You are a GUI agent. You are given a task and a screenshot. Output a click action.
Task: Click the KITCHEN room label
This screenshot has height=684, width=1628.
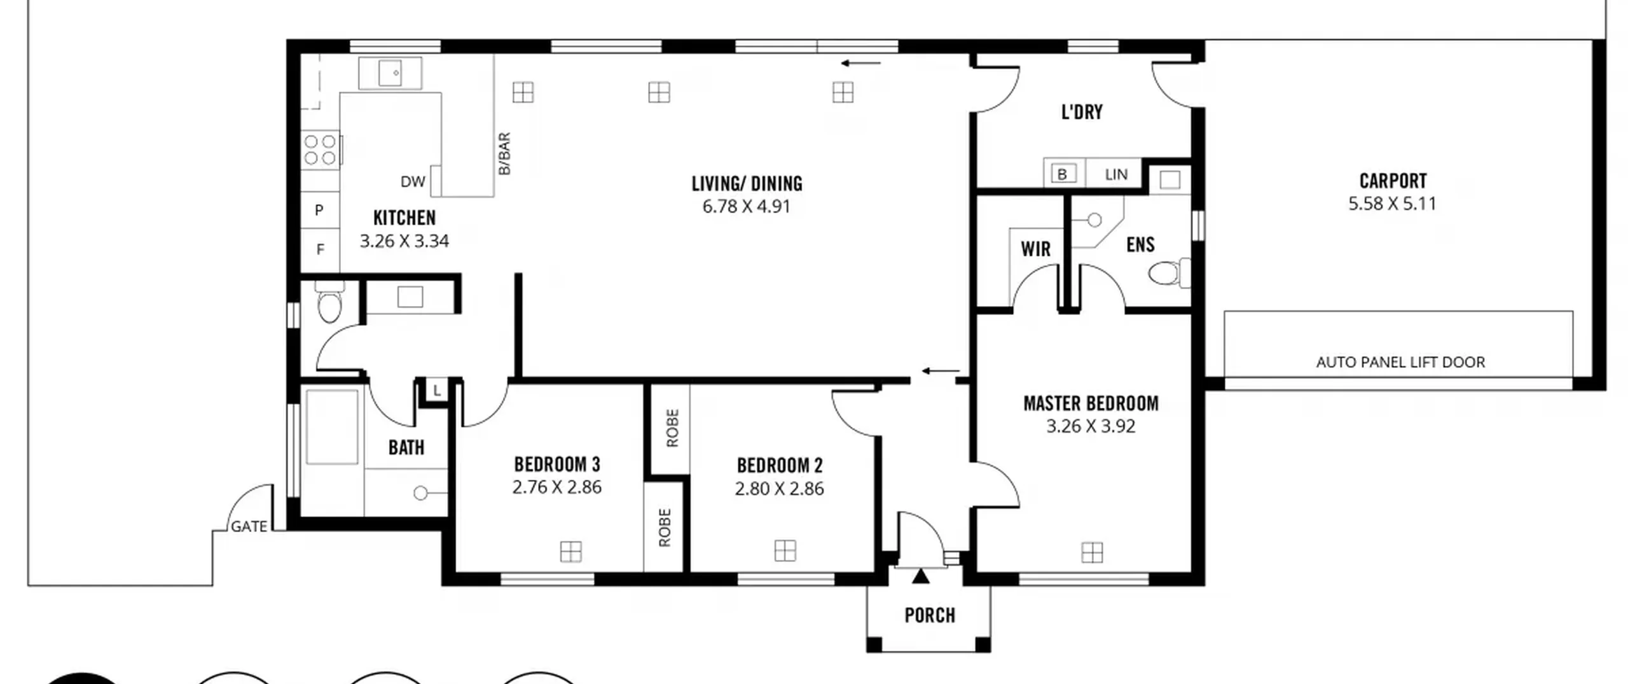[x=404, y=218]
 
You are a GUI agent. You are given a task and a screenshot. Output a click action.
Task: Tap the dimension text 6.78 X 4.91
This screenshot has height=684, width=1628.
[x=747, y=207]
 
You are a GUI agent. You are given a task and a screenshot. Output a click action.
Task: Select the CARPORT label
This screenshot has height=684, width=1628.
[x=1393, y=181]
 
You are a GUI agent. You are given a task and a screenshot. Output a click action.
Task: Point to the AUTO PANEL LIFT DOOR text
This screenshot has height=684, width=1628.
[x=1400, y=362]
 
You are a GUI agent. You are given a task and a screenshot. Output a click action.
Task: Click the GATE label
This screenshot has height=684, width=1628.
[x=249, y=527]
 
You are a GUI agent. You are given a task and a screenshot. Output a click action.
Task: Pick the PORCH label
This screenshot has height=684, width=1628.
[x=930, y=615]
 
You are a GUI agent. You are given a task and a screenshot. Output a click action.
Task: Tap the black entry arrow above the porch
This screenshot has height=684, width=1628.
[x=920, y=576]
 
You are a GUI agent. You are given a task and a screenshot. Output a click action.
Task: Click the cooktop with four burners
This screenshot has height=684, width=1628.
[x=321, y=150]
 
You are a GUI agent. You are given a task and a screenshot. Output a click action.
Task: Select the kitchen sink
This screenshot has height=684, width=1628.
[x=390, y=73]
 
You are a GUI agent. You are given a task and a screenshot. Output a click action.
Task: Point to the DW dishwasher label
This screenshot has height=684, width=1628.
[x=413, y=182]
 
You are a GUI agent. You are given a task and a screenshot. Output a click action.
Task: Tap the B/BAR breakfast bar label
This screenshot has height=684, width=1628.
[x=504, y=153]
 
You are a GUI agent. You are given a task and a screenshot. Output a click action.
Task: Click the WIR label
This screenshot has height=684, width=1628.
[x=1036, y=249]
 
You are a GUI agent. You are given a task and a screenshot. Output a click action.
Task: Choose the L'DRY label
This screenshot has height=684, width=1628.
[x=1082, y=113]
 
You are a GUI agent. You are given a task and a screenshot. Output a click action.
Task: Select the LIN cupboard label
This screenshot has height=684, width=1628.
[x=1116, y=174]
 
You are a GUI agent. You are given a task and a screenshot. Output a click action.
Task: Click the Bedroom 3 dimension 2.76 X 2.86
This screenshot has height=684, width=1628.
[x=556, y=487]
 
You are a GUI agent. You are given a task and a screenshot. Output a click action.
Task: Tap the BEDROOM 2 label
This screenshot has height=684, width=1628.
[x=780, y=466]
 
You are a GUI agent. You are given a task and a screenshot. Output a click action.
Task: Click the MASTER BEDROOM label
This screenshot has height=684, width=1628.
[x=1091, y=403]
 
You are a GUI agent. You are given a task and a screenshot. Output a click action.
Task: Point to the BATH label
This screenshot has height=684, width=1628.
[x=406, y=448]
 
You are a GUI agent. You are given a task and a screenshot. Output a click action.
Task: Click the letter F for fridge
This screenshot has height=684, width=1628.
[x=320, y=249]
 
